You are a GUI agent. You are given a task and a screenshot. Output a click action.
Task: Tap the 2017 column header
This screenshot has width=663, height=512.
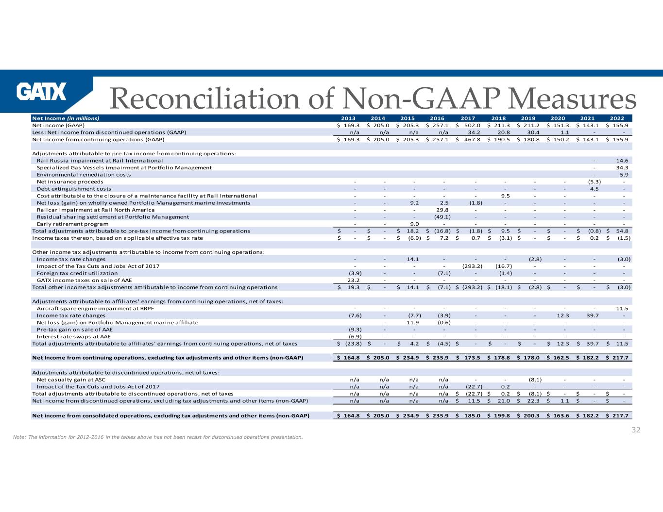pos(467,118)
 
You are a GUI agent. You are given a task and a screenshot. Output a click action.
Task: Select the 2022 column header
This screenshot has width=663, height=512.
pos(617,118)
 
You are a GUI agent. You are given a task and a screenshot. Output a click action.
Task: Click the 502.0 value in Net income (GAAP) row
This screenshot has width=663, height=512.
pos(471,125)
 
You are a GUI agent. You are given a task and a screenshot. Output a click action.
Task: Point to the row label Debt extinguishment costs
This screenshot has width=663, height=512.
pos(74,189)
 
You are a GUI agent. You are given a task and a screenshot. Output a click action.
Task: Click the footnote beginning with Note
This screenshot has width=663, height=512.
pos(158,437)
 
